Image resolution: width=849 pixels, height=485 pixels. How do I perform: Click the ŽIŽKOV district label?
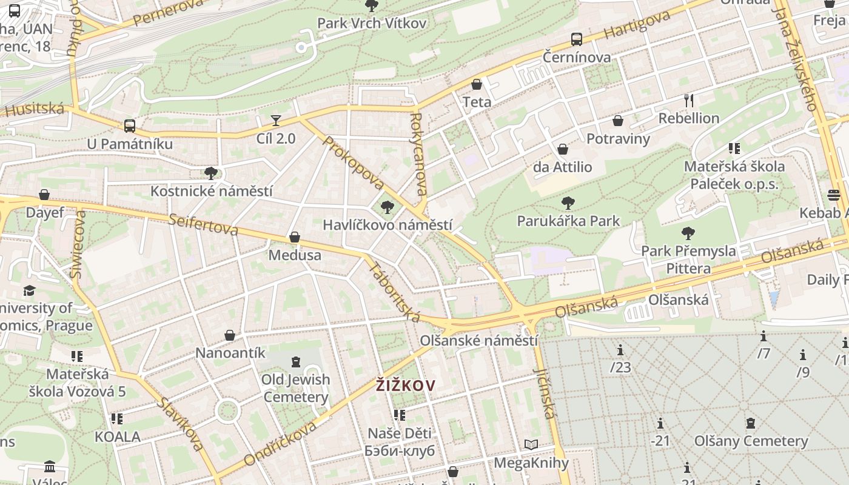pyautogui.click(x=406, y=386)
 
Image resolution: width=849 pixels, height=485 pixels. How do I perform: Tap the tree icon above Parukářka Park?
pyautogui.click(x=568, y=203)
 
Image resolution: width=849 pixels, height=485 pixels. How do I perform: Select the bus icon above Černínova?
pyautogui.click(x=576, y=39)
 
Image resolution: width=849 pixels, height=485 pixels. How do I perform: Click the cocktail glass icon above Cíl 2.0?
pyautogui.click(x=276, y=120)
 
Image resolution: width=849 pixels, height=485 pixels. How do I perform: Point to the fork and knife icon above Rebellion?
pyautogui.click(x=688, y=100)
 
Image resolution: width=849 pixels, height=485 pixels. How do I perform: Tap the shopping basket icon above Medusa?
pyautogui.click(x=295, y=237)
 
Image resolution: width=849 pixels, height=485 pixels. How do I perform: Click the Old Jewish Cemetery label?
pyautogui.click(x=296, y=388)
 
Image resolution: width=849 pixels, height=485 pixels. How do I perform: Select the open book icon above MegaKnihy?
pyautogui.click(x=531, y=445)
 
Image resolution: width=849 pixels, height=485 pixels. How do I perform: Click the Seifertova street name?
pyautogui.click(x=204, y=225)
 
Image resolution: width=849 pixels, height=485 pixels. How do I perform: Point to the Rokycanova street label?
pyautogui.click(x=418, y=154)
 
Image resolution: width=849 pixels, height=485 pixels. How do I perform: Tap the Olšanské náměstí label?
pyautogui.click(x=479, y=340)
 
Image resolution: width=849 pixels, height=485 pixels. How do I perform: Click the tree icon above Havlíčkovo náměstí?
pyautogui.click(x=387, y=207)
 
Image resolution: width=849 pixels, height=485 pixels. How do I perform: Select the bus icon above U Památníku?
pyautogui.click(x=130, y=126)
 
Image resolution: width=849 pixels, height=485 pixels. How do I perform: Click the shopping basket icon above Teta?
pyautogui.click(x=477, y=84)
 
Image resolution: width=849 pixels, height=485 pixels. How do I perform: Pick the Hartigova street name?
pyautogui.click(x=637, y=24)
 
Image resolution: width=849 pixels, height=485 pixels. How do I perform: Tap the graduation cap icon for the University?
pyautogui.click(x=29, y=290)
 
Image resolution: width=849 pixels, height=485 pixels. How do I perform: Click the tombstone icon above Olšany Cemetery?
pyautogui.click(x=751, y=423)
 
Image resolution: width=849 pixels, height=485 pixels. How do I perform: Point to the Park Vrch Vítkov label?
pyautogui.click(x=372, y=24)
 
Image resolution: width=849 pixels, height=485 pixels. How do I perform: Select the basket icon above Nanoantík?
pyautogui.click(x=230, y=335)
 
